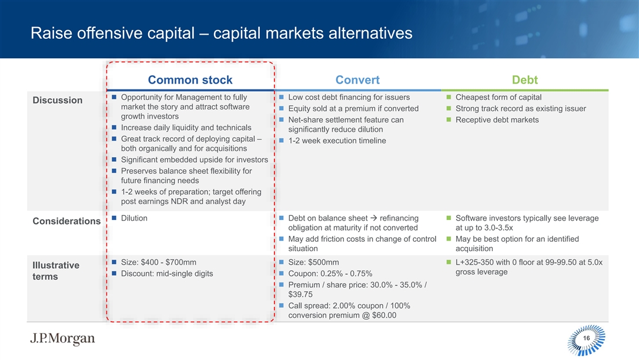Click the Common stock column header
pos(190,80)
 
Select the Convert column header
pos(357,80)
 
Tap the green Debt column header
pos(524,80)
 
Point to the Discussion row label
pos(58,101)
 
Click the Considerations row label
pos(66,221)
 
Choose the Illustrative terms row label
pos(56,271)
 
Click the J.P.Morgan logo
pos(62,338)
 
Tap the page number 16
pos(587,338)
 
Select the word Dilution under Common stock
pos(134,218)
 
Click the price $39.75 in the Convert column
pos(300,294)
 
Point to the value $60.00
pos(384,315)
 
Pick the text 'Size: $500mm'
pos(313,262)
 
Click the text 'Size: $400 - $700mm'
pos(159,262)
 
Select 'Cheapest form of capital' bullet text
pos(499,97)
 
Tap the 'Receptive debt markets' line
pos(497,120)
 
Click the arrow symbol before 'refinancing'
pos(373,218)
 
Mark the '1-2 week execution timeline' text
pos(337,141)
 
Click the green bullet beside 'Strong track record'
pos(449,108)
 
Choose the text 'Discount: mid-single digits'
pos(167,274)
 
